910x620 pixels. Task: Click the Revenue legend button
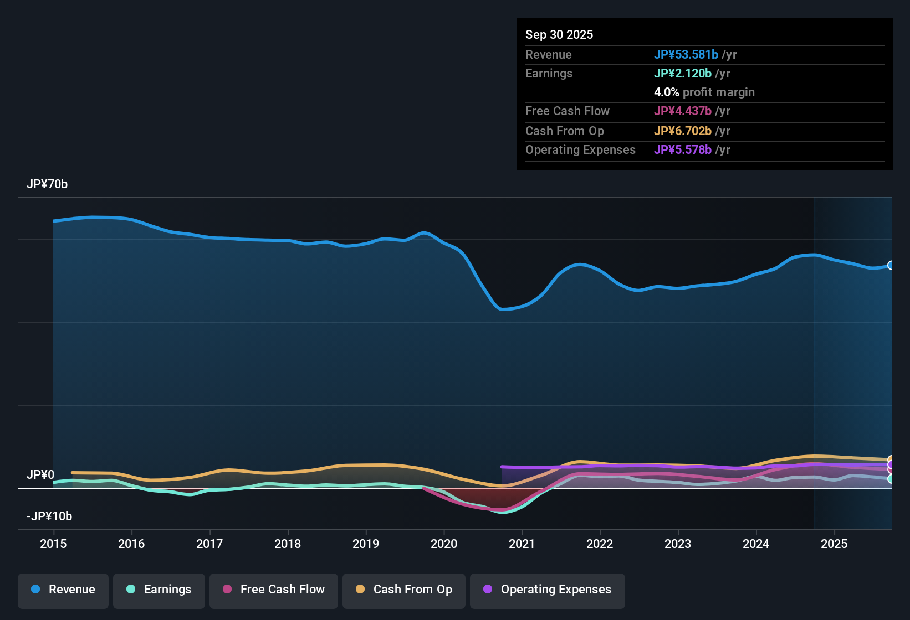click(x=63, y=590)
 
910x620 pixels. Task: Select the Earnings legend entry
click(x=159, y=590)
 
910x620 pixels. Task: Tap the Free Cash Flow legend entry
click(x=274, y=590)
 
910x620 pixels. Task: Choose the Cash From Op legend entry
click(x=404, y=590)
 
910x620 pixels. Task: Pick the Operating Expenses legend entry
click(x=548, y=590)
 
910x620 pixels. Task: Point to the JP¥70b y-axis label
click(x=47, y=184)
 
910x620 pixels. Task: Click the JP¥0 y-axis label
click(x=40, y=475)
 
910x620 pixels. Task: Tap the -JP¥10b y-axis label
click(x=49, y=516)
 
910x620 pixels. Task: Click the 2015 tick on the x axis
click(x=53, y=544)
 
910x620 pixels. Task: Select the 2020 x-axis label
click(x=444, y=544)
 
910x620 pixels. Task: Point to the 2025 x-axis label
click(x=834, y=544)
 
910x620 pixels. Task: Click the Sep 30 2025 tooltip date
click(x=559, y=35)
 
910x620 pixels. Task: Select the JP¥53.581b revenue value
click(x=686, y=55)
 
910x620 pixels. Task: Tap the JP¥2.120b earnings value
click(x=682, y=74)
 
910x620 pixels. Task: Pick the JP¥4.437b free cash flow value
click(x=682, y=111)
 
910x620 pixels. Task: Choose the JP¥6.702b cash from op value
click(x=682, y=131)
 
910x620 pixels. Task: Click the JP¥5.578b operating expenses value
click(x=682, y=150)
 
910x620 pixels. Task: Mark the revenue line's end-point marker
click(x=891, y=266)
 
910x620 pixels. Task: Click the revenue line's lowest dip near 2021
click(x=503, y=309)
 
